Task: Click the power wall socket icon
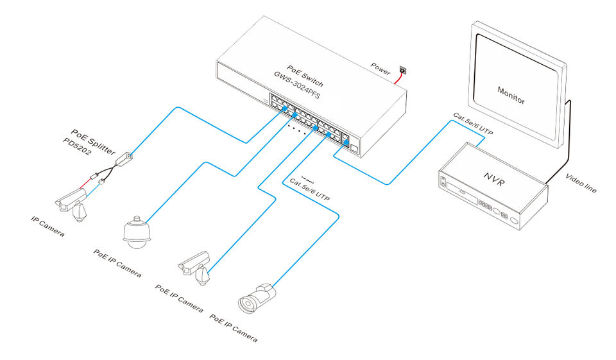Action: click(403, 70)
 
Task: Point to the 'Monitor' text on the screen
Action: click(511, 95)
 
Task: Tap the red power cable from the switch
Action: click(396, 79)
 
